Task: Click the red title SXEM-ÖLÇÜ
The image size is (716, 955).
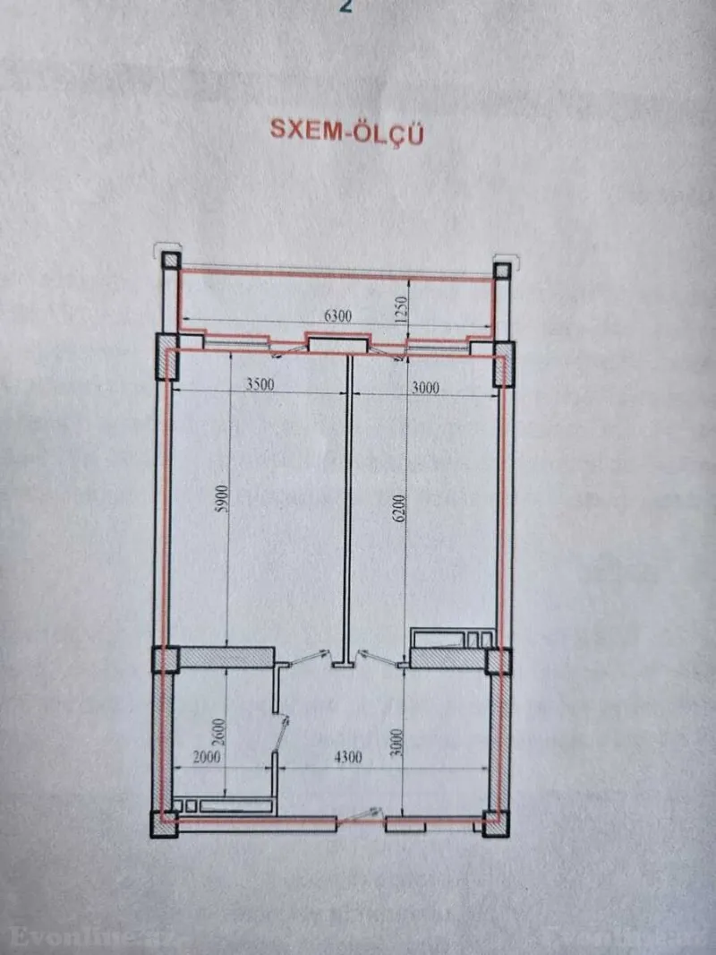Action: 346,132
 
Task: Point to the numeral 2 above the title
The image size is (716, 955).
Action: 342,5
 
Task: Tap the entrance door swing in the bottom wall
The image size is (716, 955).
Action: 362,813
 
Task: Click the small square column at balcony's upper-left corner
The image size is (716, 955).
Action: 170,261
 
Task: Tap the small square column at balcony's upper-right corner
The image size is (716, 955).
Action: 503,269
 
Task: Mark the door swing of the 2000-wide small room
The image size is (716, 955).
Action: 283,730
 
